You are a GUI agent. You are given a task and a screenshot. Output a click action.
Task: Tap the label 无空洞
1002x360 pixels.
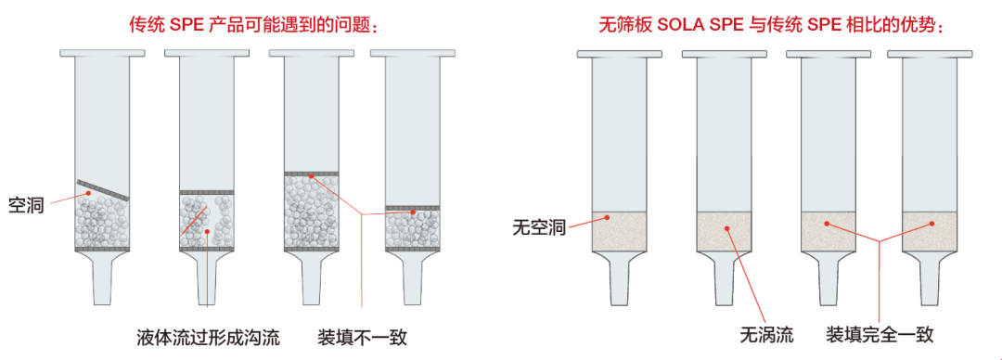(x=538, y=225)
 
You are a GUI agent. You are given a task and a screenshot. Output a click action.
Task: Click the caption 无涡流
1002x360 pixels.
(x=766, y=334)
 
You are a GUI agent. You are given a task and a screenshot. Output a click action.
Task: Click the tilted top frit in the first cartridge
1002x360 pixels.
(x=102, y=189)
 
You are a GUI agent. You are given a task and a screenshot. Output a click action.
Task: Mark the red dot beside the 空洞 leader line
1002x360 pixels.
(x=90, y=193)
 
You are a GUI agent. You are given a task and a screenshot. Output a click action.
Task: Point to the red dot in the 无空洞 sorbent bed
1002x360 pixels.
(x=607, y=218)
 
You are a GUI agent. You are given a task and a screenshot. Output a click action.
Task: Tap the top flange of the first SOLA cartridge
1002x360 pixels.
(x=619, y=54)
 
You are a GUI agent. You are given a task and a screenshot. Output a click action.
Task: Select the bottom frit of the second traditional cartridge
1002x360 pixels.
(x=206, y=249)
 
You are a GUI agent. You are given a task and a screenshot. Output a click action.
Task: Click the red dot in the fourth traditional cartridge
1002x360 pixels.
(x=414, y=213)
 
